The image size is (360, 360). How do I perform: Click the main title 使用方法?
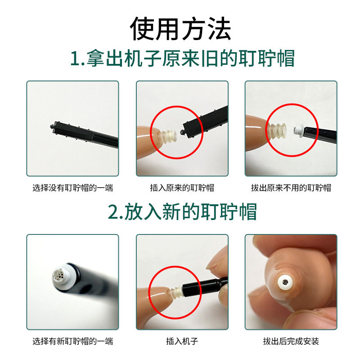[x=180, y=29]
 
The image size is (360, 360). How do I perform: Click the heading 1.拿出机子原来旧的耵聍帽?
[x=182, y=58]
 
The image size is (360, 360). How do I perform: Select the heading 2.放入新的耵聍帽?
[x=182, y=211]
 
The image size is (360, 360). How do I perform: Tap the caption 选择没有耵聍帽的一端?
[x=72, y=188]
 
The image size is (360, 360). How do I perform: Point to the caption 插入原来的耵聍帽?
[x=182, y=188]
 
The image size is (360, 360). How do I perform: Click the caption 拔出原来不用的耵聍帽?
[x=291, y=188]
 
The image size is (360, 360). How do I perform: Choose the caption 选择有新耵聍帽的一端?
[x=72, y=341]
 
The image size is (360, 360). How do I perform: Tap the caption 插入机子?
[x=182, y=341]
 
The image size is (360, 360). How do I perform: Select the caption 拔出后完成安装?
[x=291, y=341]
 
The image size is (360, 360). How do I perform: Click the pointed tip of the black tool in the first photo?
[x=51, y=126]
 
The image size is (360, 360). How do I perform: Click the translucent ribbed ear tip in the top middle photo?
[x=169, y=136]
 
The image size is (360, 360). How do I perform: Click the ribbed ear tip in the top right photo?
[x=277, y=131]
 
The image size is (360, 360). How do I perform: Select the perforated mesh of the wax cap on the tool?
[x=59, y=274]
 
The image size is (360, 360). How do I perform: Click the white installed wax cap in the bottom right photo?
[x=286, y=282]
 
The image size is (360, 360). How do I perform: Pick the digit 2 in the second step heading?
[x=113, y=212]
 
